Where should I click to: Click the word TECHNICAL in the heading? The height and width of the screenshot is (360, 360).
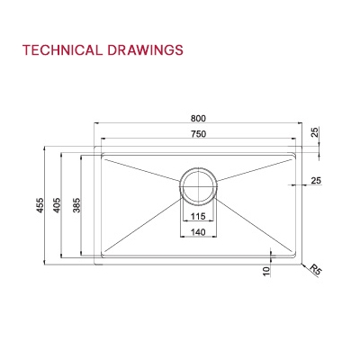coord(58,50)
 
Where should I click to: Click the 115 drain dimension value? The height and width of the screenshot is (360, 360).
coord(198,217)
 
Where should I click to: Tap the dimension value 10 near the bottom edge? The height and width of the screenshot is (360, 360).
coord(266,269)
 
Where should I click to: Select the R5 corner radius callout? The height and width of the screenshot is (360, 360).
coord(315,269)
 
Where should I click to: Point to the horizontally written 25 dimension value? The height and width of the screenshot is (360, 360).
coord(315,181)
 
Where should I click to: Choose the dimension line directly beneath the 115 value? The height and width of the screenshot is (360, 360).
coord(198,223)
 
